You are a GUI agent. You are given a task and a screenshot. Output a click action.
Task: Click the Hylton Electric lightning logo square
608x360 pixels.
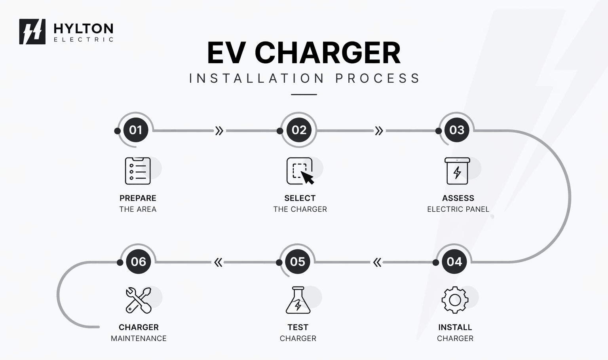click(x=32, y=32)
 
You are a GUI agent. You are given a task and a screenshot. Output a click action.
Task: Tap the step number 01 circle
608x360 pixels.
click(x=136, y=130)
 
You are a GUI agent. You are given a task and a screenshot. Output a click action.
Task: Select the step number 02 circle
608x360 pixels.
click(x=299, y=130)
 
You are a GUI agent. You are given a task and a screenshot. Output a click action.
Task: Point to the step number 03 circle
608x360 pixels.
click(x=457, y=130)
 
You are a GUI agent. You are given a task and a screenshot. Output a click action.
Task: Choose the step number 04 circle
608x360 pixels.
click(x=454, y=262)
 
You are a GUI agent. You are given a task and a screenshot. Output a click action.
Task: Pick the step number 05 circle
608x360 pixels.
click(x=297, y=262)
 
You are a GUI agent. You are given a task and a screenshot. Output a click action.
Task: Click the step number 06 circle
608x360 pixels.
click(x=139, y=262)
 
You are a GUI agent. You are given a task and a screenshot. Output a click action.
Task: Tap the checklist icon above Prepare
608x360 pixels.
click(x=138, y=171)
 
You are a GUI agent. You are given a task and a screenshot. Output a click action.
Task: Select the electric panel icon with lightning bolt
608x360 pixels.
click(x=457, y=171)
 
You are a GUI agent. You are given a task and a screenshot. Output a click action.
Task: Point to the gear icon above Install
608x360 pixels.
click(x=455, y=300)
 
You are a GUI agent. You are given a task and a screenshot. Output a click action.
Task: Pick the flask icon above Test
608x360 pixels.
click(x=298, y=300)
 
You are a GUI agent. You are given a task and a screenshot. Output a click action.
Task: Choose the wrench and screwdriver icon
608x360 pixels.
click(x=139, y=300)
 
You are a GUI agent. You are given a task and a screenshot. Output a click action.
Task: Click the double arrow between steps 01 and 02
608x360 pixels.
click(x=219, y=131)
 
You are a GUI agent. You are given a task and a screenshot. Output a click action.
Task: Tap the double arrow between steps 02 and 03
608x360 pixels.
click(x=379, y=131)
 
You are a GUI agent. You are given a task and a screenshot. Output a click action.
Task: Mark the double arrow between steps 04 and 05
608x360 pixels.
click(x=377, y=262)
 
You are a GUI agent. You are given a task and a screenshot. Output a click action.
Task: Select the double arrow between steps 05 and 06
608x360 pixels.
click(x=218, y=262)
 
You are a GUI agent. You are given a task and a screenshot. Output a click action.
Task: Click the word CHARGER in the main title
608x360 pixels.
click(x=327, y=53)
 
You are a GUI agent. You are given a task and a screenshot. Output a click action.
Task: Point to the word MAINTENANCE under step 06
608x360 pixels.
click(x=139, y=339)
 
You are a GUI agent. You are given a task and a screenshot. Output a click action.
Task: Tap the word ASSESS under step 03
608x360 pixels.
click(x=458, y=198)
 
